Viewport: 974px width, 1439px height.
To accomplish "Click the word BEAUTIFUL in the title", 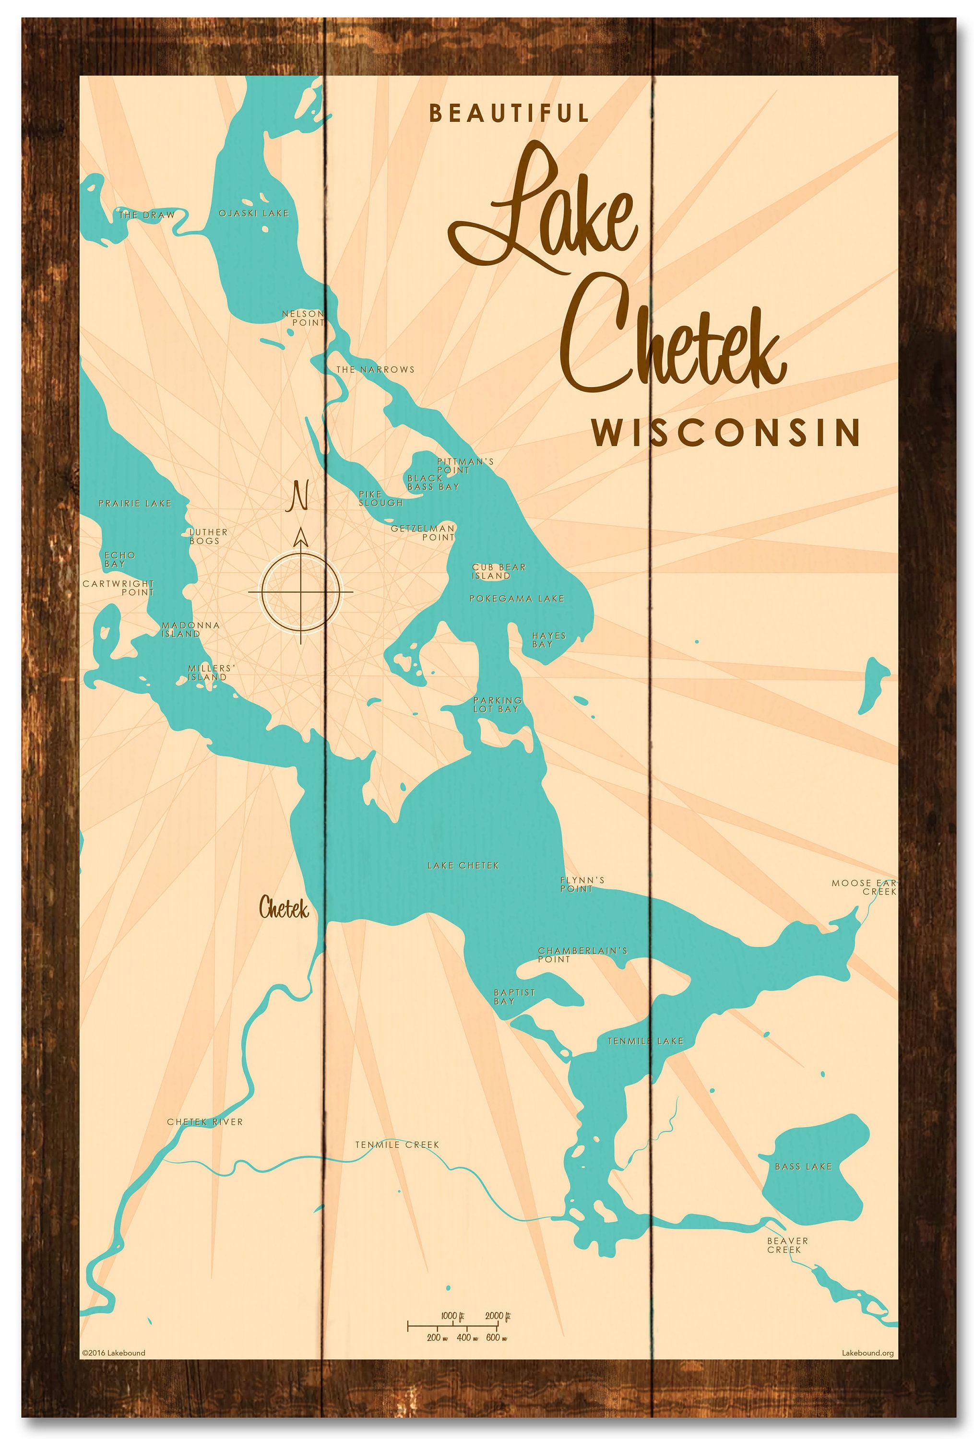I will [509, 113].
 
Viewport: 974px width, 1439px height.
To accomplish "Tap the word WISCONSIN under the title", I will [725, 433].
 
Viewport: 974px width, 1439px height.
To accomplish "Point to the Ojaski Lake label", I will [254, 213].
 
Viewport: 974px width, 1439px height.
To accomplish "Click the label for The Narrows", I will [375, 370].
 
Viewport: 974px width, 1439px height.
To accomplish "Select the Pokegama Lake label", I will [516, 599].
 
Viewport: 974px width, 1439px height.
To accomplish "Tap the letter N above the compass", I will [298, 496].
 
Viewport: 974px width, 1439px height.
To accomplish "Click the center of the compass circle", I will [301, 591].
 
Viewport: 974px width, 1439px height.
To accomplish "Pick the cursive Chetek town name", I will [284, 908].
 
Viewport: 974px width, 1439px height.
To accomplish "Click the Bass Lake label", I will [803, 1167].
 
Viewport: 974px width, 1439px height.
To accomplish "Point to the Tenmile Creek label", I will [397, 1145].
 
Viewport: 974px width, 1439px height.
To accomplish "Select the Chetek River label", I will [205, 1122].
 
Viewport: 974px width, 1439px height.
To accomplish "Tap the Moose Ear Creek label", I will [865, 887].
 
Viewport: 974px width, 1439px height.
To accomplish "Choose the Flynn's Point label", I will [582, 884].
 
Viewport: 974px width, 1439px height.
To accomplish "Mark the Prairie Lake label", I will [135, 503].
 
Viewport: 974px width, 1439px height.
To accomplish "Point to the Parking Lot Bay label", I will [497, 705].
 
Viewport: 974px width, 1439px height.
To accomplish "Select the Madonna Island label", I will [190, 629].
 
